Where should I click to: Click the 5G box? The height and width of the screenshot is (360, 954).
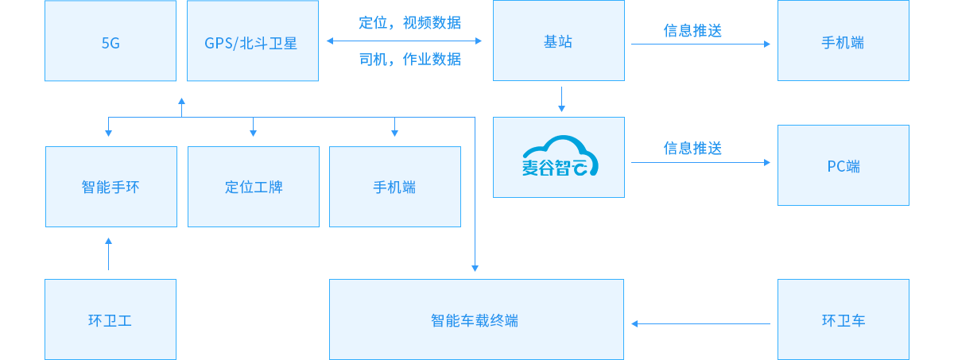pyautogui.click(x=111, y=41)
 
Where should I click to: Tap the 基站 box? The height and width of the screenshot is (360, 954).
pyautogui.click(x=558, y=41)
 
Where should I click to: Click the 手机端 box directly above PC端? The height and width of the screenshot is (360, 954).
pyautogui.click(x=843, y=41)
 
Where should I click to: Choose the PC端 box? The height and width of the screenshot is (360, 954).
pyautogui.click(x=843, y=165)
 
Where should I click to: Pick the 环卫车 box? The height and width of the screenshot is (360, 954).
pyautogui.click(x=843, y=319)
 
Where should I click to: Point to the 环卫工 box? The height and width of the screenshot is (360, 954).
pyautogui.click(x=111, y=319)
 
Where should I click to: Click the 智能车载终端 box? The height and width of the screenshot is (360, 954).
pyautogui.click(x=475, y=319)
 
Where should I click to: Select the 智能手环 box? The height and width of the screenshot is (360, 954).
pyautogui.click(x=111, y=188)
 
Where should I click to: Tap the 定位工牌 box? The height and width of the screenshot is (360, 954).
pyautogui.click(x=254, y=188)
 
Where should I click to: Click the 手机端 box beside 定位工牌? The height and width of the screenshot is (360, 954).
pyautogui.click(x=394, y=188)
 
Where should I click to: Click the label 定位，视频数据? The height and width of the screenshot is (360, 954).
pyautogui.click(x=409, y=22)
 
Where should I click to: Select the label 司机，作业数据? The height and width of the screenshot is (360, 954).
pyautogui.click(x=409, y=59)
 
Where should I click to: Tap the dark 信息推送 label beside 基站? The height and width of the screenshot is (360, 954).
pyautogui.click(x=692, y=31)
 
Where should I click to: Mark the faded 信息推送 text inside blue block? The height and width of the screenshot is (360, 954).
pyautogui.click(x=692, y=148)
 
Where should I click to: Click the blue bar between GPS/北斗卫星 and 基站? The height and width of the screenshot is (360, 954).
pyautogui.click(x=403, y=41)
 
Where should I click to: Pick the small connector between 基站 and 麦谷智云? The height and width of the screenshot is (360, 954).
pyautogui.click(x=562, y=99)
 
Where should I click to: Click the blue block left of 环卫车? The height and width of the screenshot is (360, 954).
pyautogui.click(x=700, y=265)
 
